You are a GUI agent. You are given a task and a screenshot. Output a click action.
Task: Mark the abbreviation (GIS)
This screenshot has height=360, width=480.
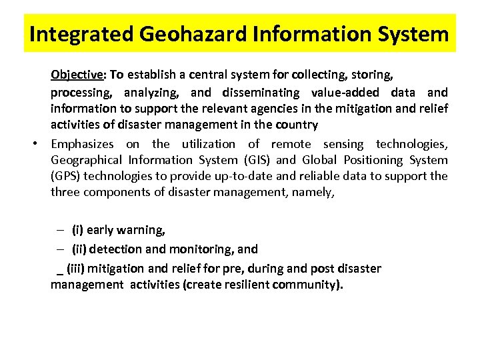click(x=255, y=160)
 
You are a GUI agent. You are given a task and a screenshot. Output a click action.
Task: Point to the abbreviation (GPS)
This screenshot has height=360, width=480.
click(x=65, y=177)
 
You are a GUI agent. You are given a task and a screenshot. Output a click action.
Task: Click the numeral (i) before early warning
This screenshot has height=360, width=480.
click(x=77, y=231)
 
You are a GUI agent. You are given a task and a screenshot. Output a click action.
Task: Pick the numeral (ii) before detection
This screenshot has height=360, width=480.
click(x=79, y=249)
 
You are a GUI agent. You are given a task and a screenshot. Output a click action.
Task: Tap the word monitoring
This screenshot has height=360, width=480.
click(x=201, y=249)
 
